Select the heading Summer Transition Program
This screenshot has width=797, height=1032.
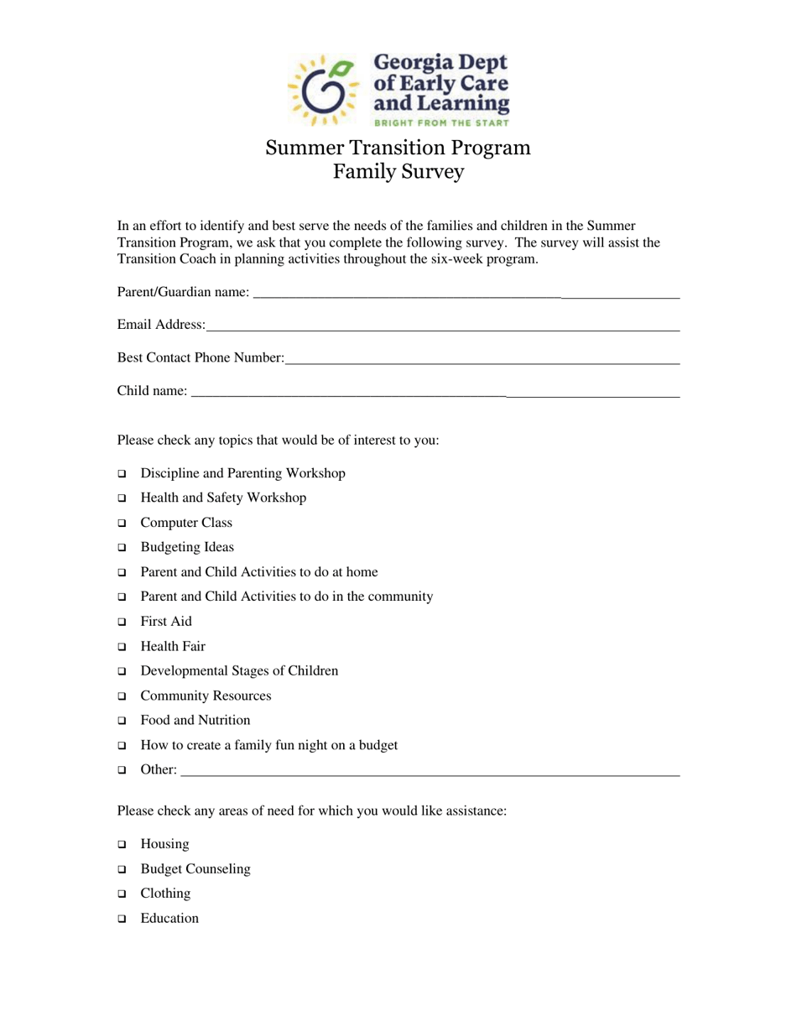point(398,148)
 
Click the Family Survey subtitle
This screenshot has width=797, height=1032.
point(398,172)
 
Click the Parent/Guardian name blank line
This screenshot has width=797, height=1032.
point(466,295)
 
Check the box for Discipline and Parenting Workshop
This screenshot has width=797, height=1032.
point(122,475)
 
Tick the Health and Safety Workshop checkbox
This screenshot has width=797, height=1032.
point(122,499)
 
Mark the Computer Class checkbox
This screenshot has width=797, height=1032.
point(122,524)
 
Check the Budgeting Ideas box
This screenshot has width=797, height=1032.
point(122,549)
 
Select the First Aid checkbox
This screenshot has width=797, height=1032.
point(122,623)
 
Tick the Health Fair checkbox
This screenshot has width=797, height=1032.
point(122,648)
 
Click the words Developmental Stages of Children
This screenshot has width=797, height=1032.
point(239,671)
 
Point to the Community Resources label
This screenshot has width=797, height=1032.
point(206,696)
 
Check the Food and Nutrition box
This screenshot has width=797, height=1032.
point(122,722)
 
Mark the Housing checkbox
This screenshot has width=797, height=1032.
point(122,845)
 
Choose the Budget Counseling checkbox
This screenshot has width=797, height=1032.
point(122,870)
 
